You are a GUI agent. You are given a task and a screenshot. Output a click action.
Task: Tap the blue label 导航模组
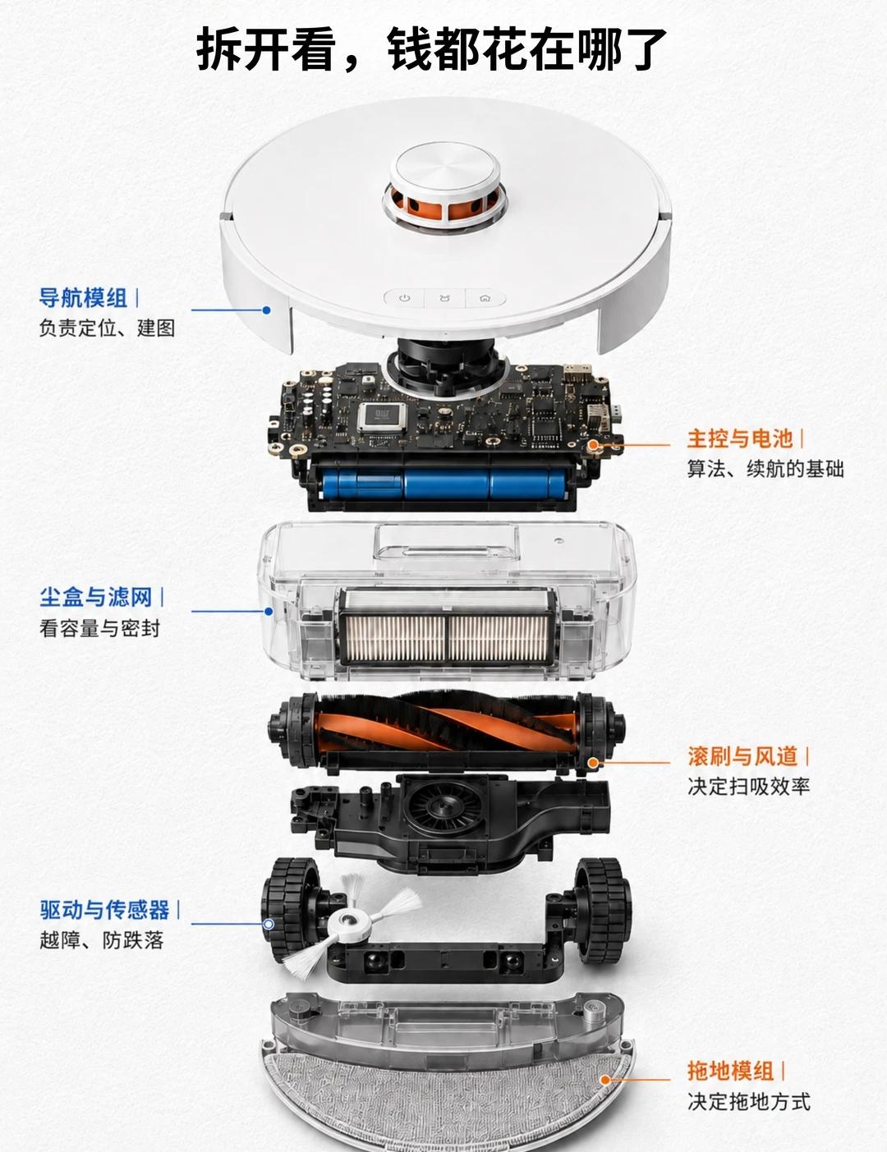pyautogui.click(x=83, y=298)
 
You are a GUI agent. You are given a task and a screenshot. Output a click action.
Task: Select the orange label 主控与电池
pyautogui.click(x=740, y=439)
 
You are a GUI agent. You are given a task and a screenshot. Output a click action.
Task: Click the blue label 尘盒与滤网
pyautogui.click(x=95, y=597)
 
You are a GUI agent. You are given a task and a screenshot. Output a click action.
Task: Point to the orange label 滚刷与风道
pyautogui.click(x=742, y=756)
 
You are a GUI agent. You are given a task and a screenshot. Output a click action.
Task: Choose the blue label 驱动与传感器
pyautogui.click(x=104, y=910)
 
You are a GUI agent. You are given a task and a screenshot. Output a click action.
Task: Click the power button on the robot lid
pyautogui.click(x=405, y=298)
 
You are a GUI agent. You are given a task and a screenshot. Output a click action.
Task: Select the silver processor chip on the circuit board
pyautogui.click(x=382, y=416)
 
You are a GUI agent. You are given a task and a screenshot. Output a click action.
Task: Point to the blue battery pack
pyautogui.click(x=443, y=483)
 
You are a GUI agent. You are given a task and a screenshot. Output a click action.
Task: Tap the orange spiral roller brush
pyautogui.click(x=445, y=722)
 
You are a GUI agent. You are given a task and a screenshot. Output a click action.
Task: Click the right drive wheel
pyautogui.click(x=603, y=911)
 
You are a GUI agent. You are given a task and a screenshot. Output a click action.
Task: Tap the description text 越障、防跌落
pyautogui.click(x=101, y=940)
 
